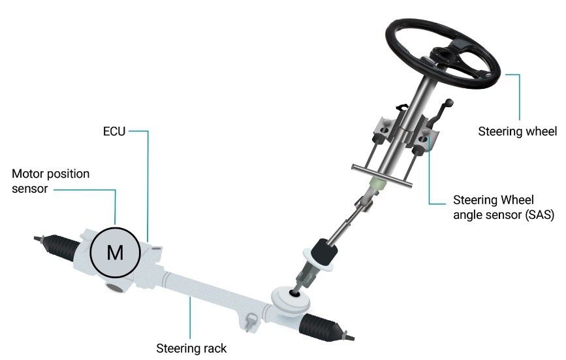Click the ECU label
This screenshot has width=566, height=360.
(x=114, y=131)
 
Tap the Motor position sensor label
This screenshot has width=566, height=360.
(x=50, y=181)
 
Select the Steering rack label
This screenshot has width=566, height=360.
(x=191, y=348)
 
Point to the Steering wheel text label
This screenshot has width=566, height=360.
(x=517, y=131)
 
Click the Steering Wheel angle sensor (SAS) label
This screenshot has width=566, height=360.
(x=503, y=207)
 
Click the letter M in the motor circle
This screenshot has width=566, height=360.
(x=115, y=252)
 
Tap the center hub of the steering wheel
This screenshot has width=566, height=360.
(x=443, y=56)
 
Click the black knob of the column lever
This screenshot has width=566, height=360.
(x=449, y=103)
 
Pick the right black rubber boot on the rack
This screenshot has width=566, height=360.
(x=322, y=327)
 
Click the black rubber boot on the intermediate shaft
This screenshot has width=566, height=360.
(x=324, y=252)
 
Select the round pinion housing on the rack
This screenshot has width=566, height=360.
(x=291, y=299)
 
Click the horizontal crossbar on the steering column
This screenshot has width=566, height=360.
(x=382, y=176)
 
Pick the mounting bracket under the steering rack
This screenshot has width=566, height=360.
(x=251, y=321)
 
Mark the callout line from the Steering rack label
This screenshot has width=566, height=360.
(x=190, y=318)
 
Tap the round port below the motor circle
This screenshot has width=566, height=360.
(x=116, y=287)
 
